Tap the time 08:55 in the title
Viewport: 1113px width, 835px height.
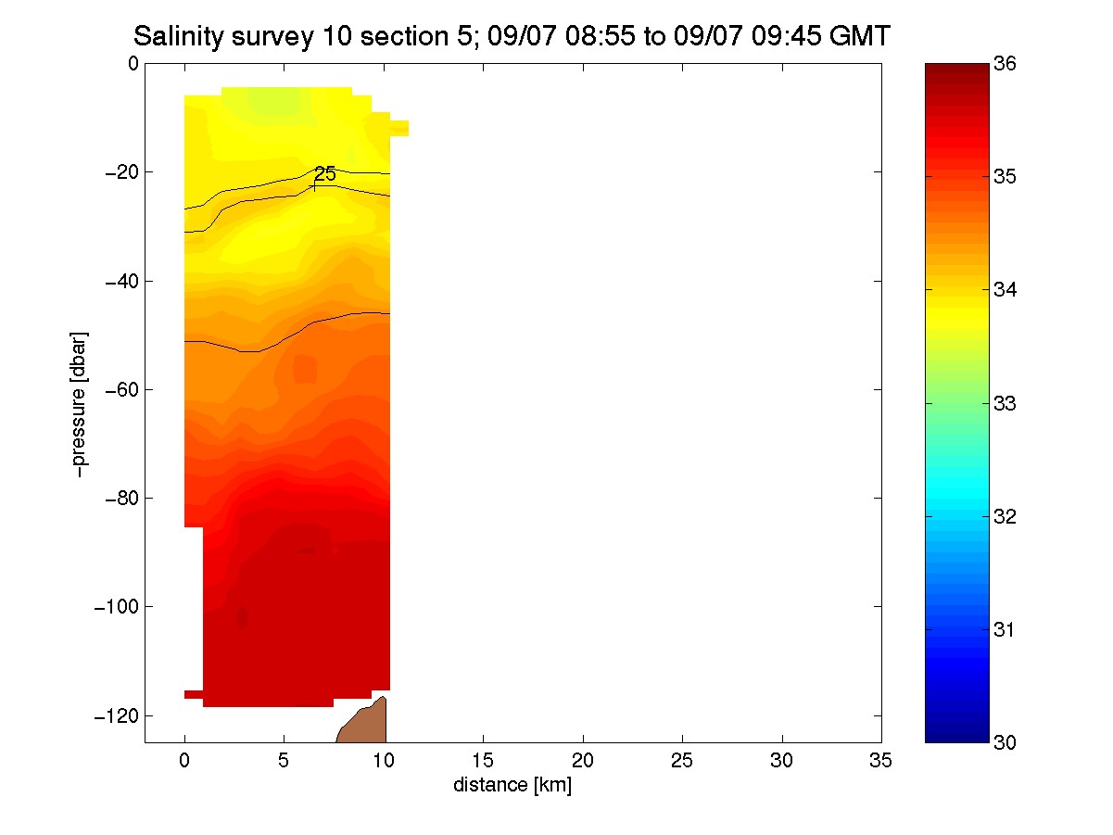coord(600,36)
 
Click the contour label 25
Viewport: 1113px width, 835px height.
coord(325,174)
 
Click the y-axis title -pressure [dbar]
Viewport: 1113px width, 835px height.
coord(79,405)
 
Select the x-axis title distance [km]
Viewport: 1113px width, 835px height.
coord(512,785)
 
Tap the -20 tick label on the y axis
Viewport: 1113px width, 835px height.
coord(121,173)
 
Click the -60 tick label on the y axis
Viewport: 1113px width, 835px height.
coord(121,390)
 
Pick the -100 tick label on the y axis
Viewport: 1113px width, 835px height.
coord(116,606)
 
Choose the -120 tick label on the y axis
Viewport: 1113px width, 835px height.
coord(116,715)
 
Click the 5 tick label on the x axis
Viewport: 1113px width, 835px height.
coord(284,761)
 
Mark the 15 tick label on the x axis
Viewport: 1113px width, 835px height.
coord(483,761)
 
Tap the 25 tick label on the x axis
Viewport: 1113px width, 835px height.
coord(682,761)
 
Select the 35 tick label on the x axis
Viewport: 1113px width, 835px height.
coord(880,761)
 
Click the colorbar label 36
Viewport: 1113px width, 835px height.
coord(1005,64)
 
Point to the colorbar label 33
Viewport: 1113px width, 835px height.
coord(1005,403)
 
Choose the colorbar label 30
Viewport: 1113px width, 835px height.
coord(1005,742)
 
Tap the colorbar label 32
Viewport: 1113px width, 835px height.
coord(1005,516)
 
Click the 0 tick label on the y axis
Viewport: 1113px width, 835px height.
coord(133,64)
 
